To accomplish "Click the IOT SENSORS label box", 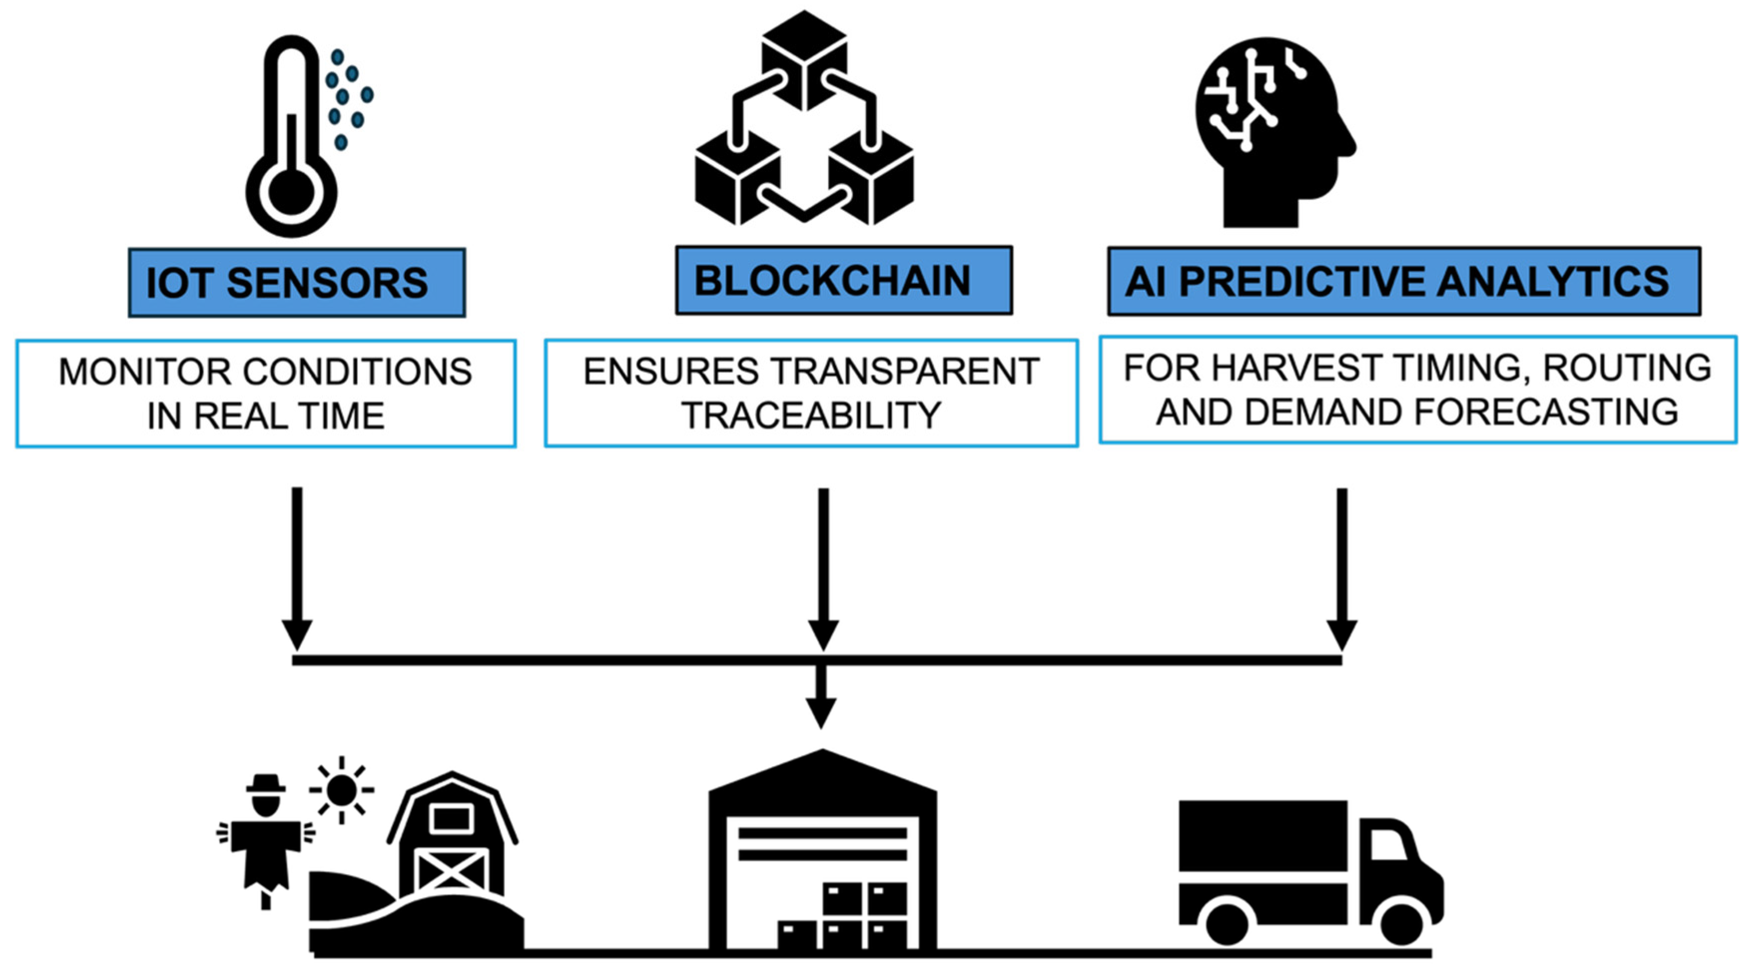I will pos(297,282).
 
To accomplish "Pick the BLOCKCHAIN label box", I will pos(844,280).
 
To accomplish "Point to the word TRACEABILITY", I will pos(811,416).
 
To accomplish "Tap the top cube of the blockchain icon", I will pos(804,58).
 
